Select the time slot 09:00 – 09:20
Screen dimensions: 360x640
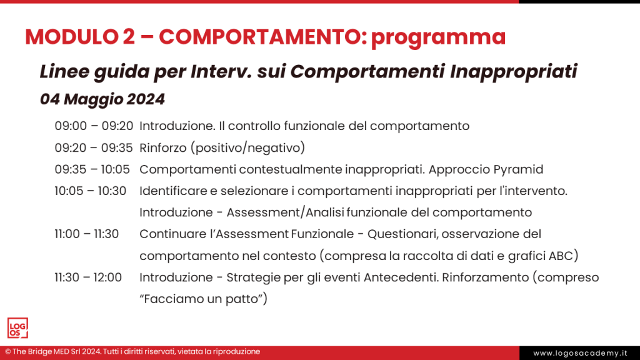[x=94, y=126]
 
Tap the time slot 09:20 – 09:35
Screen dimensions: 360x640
[x=94, y=147]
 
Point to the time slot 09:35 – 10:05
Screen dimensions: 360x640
[x=92, y=169]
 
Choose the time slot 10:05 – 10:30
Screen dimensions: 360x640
[x=91, y=191]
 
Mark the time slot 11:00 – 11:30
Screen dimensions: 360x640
[x=87, y=234]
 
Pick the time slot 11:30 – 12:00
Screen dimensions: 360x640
[x=88, y=277]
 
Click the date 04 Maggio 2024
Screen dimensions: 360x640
[x=102, y=99]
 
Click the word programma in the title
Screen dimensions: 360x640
[x=437, y=37]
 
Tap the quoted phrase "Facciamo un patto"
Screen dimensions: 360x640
[x=203, y=299]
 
